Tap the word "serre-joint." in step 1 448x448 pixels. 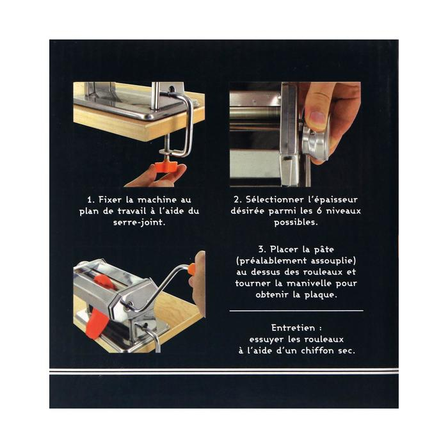click(x=139, y=222)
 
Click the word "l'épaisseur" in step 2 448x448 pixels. click(x=333, y=200)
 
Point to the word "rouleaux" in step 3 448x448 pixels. click(x=323, y=272)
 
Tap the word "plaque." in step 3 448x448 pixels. click(x=321, y=295)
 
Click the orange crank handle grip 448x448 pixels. click(x=192, y=270)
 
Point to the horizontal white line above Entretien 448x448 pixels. click(x=296, y=310)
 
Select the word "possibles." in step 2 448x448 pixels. click(x=296, y=223)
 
